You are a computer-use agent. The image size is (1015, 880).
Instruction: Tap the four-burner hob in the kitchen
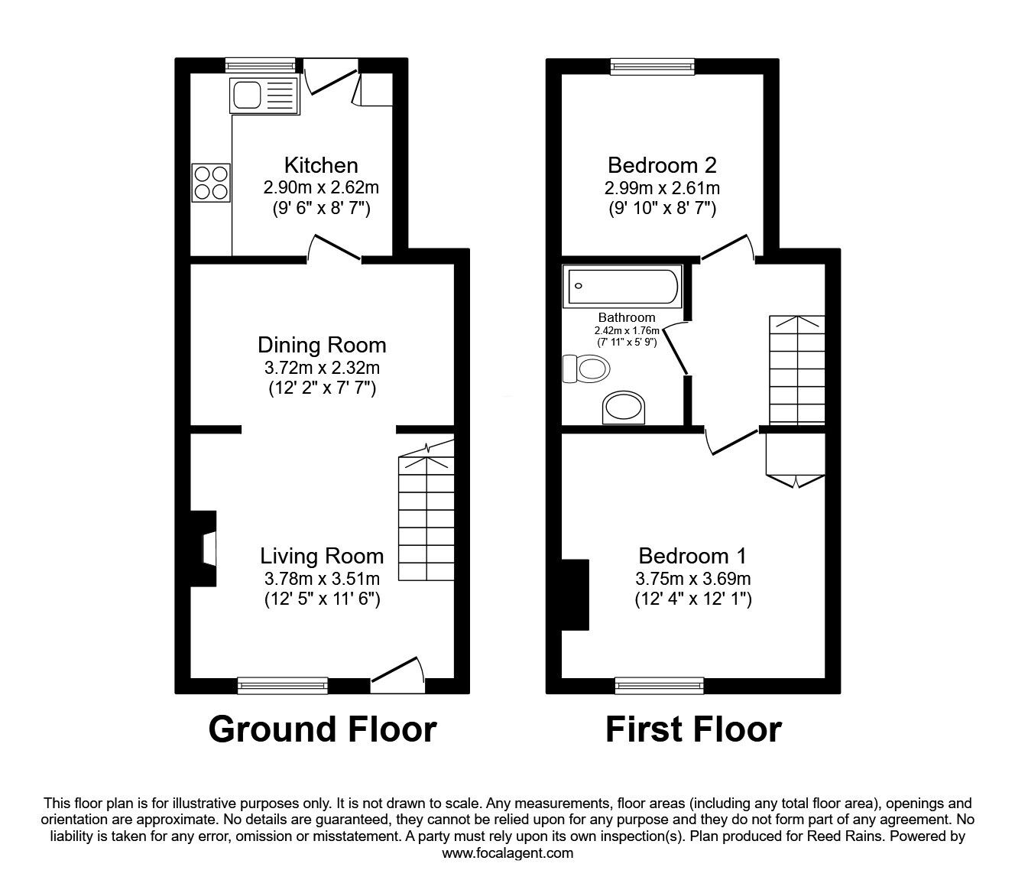click(x=212, y=183)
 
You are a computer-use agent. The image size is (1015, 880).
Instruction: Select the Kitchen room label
click(x=321, y=165)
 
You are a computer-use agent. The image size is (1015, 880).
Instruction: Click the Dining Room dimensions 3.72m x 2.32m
click(x=321, y=367)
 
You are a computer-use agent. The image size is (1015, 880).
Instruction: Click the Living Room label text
click(x=322, y=556)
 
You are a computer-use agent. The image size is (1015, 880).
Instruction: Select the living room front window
click(x=283, y=685)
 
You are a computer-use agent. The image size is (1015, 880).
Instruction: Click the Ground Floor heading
click(x=322, y=729)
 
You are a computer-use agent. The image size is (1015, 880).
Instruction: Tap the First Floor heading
click(x=693, y=729)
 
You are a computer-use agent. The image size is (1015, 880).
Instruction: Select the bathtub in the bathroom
click(x=621, y=287)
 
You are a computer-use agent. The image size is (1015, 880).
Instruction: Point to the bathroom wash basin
click(x=625, y=408)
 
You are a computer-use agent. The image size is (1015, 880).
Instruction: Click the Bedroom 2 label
click(x=662, y=165)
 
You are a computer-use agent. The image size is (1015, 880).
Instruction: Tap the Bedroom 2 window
click(x=653, y=67)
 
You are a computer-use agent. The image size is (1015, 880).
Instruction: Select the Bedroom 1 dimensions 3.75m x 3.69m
click(x=692, y=578)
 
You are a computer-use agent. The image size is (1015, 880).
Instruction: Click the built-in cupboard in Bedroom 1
click(x=795, y=456)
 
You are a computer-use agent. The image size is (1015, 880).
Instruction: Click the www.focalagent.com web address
click(x=507, y=853)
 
